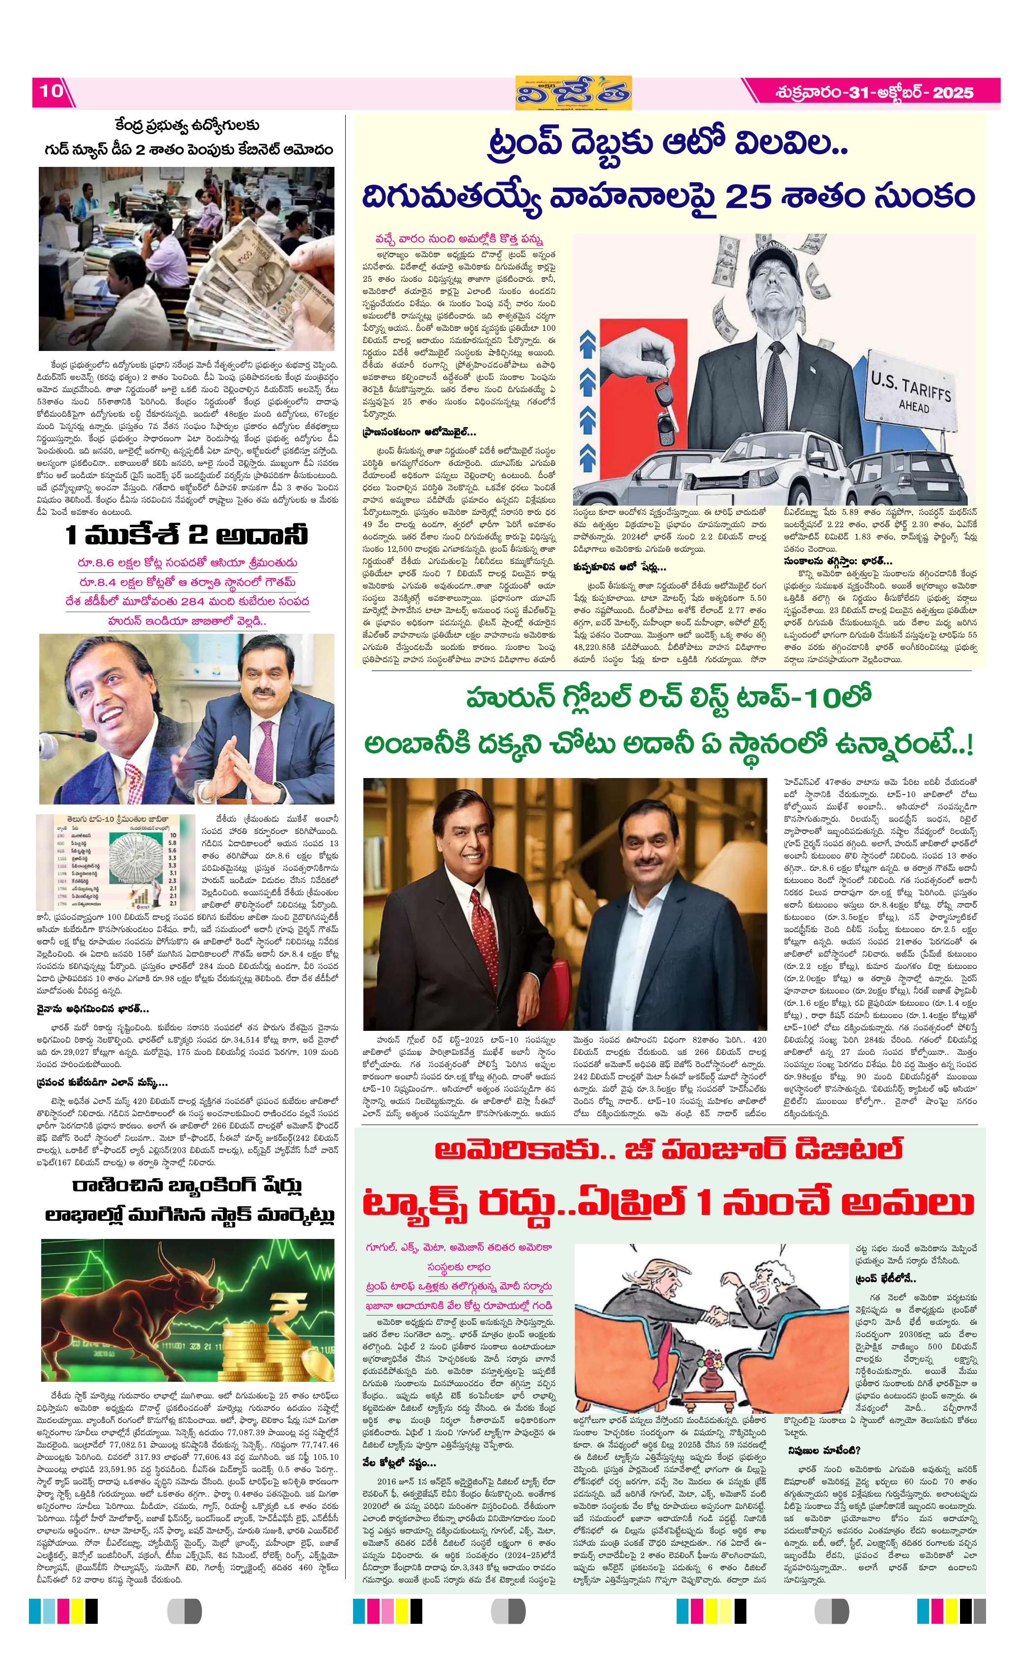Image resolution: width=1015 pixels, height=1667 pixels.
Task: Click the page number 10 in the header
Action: [x=51, y=91]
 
